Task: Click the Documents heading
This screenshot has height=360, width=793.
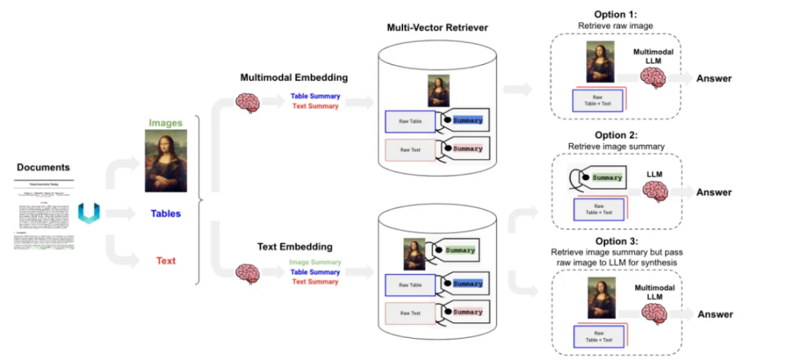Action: tap(43, 168)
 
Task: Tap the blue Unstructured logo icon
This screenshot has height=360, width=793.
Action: tap(89, 214)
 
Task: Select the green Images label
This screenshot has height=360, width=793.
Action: tap(165, 123)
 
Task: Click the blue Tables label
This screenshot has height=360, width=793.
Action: tap(165, 214)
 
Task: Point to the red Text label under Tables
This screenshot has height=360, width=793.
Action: tap(166, 260)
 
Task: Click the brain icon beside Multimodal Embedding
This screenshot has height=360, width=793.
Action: tap(247, 102)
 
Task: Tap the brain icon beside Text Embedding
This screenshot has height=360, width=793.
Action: tap(247, 274)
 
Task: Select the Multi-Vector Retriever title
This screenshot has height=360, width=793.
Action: tap(437, 28)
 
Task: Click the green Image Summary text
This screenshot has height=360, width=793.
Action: tap(315, 262)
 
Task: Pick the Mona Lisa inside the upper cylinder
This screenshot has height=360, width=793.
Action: tap(438, 91)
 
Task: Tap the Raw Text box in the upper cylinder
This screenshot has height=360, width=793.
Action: tap(410, 149)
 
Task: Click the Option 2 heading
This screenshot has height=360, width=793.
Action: tap(615, 135)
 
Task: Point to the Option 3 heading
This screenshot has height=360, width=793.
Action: tap(615, 241)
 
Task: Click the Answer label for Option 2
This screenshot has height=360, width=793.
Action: tap(714, 192)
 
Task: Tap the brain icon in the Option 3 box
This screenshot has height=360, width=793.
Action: tap(653, 313)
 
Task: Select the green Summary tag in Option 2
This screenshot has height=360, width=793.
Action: tap(606, 178)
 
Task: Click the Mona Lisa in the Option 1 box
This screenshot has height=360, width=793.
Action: tap(600, 62)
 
